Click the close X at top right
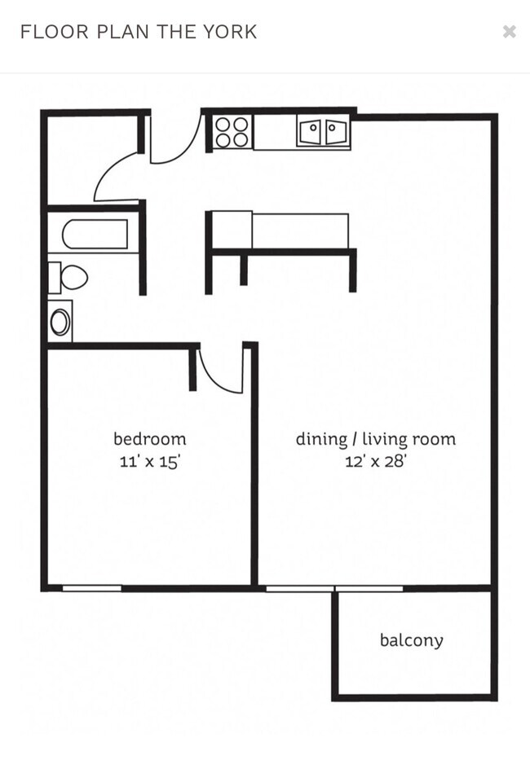tap(510, 32)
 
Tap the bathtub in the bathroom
tap(95, 235)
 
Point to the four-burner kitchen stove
tap(232, 132)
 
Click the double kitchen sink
tap(324, 132)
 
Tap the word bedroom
tap(149, 439)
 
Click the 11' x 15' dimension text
tap(149, 462)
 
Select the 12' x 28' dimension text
tap(375, 462)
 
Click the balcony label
tap(412, 640)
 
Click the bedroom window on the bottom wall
tap(91, 587)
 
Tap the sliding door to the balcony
tap(334, 587)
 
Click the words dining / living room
tap(375, 439)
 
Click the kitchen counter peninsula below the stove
tap(281, 232)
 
